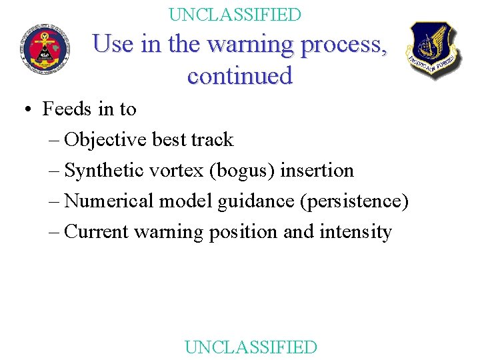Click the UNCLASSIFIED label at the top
pyautogui.click(x=235, y=14)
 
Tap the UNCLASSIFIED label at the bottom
pyautogui.click(x=251, y=347)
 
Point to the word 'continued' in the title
pyautogui.click(x=240, y=75)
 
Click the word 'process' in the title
pyautogui.click(x=344, y=45)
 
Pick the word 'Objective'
pyautogui.click(x=106, y=140)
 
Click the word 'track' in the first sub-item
pyautogui.click(x=212, y=140)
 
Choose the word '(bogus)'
pyautogui.click(x=243, y=171)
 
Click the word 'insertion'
pyautogui.click(x=317, y=171)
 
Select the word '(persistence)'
pyautogui.click(x=353, y=201)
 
